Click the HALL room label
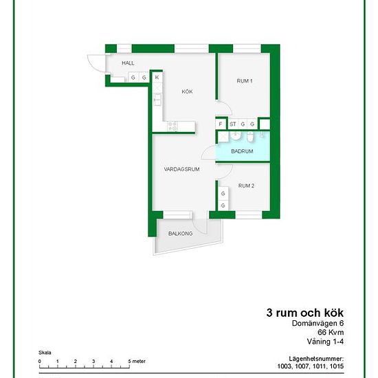[x=128, y=63]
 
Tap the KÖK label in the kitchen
[x=187, y=91]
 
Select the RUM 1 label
[x=245, y=81]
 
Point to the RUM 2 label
[x=246, y=186]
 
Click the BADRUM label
[x=242, y=151]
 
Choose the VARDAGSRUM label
[x=181, y=169]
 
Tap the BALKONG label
[x=180, y=234]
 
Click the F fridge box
[x=221, y=124]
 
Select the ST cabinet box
[x=232, y=124]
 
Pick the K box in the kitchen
[x=157, y=78]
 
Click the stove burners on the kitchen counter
[x=173, y=126]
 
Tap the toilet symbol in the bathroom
[x=250, y=137]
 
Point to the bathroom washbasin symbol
[x=235, y=135]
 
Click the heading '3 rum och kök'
[x=305, y=313]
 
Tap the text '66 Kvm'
[x=331, y=332]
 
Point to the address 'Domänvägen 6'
[x=318, y=323]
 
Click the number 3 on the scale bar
[x=93, y=362]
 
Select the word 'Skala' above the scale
[x=45, y=353]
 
